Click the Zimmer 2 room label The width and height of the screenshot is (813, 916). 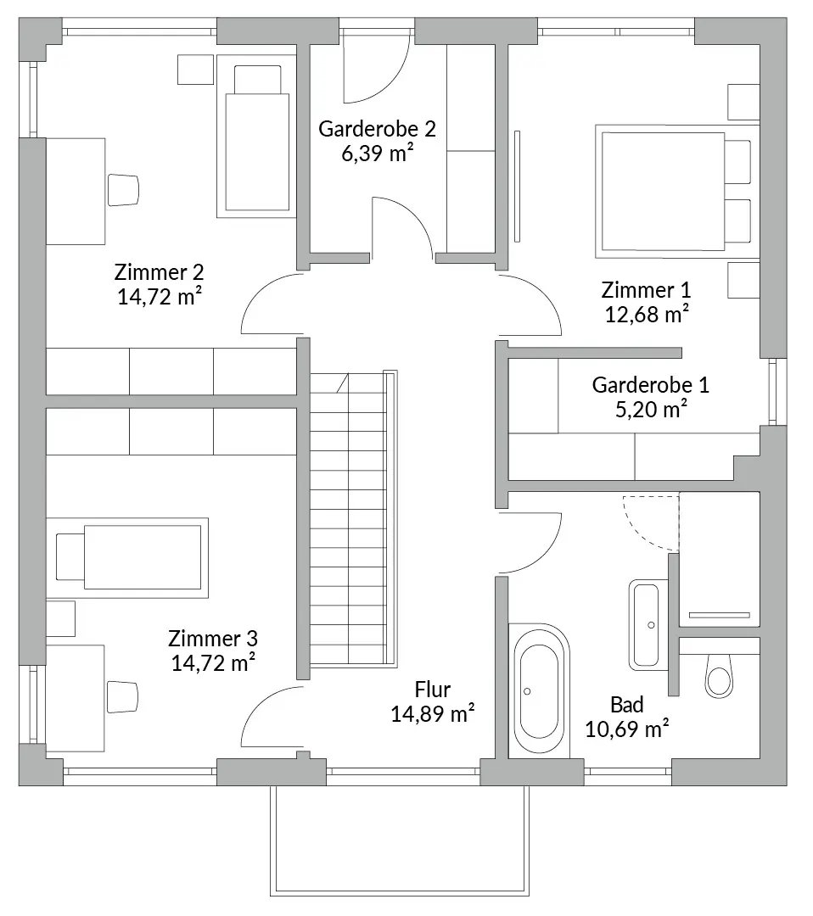(x=159, y=273)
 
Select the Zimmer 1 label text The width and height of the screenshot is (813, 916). (x=646, y=290)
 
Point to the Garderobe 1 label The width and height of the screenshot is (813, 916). (x=650, y=385)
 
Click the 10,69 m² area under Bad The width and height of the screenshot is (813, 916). (x=627, y=728)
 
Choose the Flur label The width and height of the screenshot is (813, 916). (x=432, y=689)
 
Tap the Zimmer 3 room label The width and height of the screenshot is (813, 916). (x=213, y=638)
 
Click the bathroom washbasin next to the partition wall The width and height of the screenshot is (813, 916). (x=648, y=624)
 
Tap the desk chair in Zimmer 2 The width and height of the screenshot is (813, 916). (x=123, y=189)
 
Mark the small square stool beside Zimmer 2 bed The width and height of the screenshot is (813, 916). (x=194, y=70)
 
